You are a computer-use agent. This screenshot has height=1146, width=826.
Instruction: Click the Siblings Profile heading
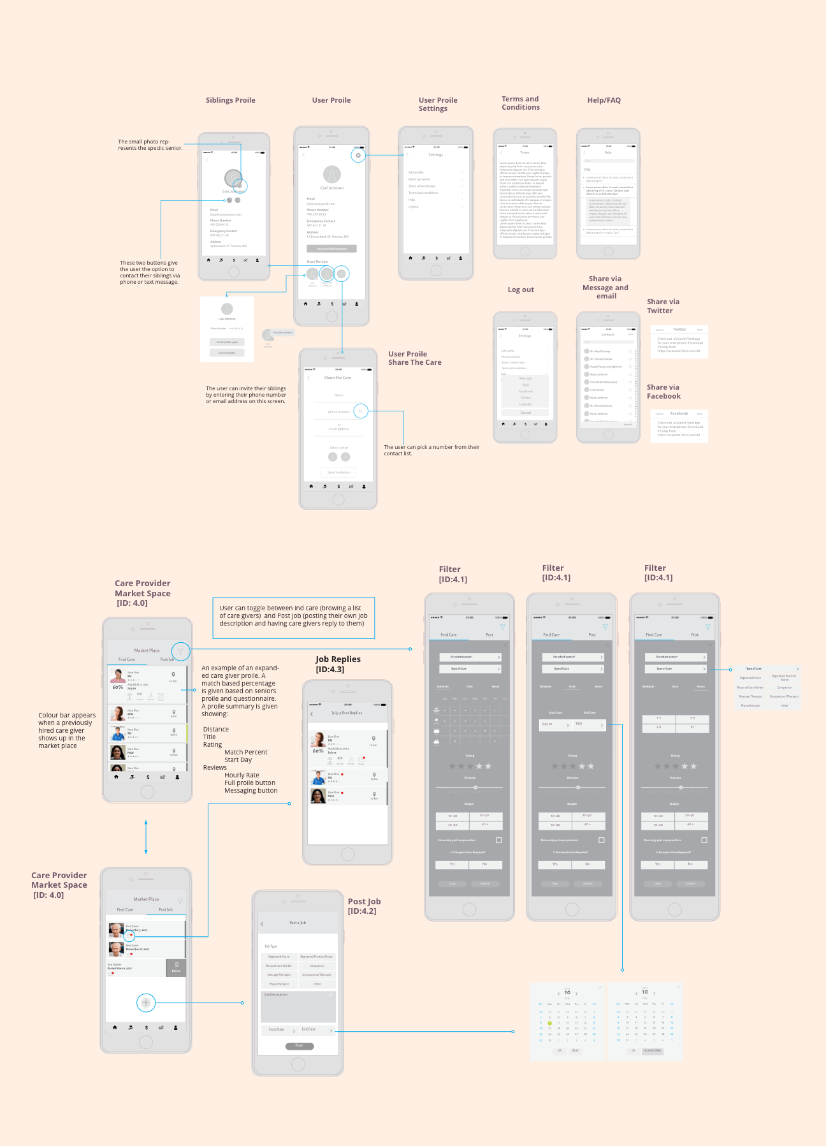click(230, 100)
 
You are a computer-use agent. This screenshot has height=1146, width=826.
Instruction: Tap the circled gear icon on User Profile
click(358, 155)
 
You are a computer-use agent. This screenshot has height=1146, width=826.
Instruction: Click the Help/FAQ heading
click(604, 100)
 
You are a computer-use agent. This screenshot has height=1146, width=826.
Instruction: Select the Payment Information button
click(331, 249)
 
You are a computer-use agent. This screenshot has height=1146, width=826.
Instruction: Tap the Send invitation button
click(338, 473)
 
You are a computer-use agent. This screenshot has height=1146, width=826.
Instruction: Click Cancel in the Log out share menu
click(525, 413)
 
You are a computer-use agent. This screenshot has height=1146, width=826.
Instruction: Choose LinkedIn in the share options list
click(525, 404)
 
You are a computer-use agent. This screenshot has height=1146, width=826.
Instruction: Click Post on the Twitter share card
click(699, 330)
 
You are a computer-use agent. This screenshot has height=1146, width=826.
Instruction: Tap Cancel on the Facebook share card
click(660, 414)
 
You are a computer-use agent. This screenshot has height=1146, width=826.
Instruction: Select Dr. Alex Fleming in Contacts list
click(600, 351)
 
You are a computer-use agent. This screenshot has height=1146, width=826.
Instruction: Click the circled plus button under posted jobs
click(146, 1003)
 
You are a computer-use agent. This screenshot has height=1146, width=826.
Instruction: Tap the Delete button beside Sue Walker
click(176, 968)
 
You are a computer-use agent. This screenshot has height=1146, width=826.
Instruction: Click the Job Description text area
click(298, 1006)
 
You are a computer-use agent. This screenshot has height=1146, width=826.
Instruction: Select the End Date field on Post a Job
click(317, 1029)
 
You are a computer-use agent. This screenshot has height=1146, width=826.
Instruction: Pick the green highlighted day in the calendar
click(549, 1023)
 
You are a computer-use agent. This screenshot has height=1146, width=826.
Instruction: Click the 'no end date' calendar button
click(652, 1050)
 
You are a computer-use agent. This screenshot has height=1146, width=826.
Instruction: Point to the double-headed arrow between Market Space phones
click(146, 837)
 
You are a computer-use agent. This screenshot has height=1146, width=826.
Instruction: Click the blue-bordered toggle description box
click(293, 617)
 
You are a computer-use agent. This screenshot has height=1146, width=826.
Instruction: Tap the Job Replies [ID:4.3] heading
click(338, 664)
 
